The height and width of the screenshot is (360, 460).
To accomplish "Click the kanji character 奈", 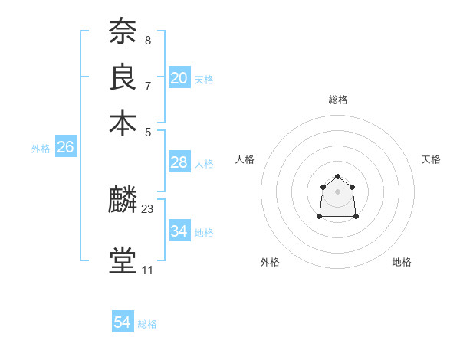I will (123, 33).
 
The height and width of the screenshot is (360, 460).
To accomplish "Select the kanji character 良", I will (123, 78).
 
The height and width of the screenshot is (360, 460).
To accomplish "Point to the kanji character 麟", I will (123, 201).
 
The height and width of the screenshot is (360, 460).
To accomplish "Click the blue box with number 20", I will (179, 78).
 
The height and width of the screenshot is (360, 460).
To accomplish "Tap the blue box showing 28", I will (179, 162).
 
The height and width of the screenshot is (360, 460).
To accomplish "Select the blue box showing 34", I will (179, 231).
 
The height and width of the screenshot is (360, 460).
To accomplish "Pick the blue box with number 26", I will (65, 148).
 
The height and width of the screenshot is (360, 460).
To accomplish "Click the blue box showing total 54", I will (123, 322).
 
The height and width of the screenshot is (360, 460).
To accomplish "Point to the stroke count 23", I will (148, 208).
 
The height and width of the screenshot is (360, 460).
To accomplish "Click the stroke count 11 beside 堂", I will (147, 270).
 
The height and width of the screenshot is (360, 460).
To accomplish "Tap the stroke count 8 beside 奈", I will (147, 41).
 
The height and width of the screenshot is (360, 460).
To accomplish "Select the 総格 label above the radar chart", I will (338, 100).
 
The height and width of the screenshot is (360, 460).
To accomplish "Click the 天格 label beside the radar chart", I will (431, 159).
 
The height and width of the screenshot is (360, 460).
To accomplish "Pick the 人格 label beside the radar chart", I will (245, 159).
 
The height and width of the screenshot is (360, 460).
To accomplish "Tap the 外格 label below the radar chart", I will (270, 263).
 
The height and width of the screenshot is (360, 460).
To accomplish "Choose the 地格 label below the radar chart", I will (402, 263).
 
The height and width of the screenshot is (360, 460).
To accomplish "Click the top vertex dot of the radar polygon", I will (338, 177).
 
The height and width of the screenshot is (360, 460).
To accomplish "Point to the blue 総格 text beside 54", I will (147, 324).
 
